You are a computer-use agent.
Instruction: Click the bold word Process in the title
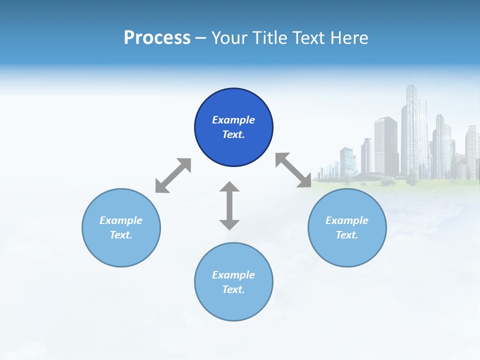point(157,37)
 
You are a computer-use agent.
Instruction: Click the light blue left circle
point(121,250)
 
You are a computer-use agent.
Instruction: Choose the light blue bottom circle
point(233,305)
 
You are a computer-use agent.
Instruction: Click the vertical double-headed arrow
point(229,205)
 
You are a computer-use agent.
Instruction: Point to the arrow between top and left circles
point(173,175)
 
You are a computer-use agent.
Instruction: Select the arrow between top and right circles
point(293,170)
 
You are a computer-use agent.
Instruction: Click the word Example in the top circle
point(233,120)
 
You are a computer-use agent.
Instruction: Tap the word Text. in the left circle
point(121,235)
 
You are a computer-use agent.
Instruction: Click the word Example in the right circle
point(347,220)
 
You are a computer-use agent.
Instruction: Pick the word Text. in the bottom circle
point(233,289)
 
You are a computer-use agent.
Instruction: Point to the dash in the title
point(201,38)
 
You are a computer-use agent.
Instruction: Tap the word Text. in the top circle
point(233,134)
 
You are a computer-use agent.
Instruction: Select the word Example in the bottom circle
point(233,275)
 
